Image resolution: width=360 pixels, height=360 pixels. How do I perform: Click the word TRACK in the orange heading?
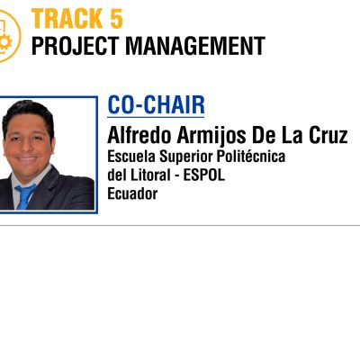point(67,19)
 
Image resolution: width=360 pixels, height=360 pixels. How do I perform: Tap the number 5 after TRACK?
point(116,19)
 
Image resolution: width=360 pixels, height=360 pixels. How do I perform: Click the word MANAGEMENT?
point(195,46)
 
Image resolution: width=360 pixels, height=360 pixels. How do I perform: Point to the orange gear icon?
point(5,42)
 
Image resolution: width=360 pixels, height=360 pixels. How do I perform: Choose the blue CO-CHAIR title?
point(156,104)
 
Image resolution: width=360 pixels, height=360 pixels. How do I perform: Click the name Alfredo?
point(139,135)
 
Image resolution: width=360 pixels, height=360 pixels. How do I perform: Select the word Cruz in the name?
point(328,136)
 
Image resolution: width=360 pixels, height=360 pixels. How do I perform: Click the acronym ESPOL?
point(204,175)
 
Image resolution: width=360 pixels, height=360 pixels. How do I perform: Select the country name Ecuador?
point(132,193)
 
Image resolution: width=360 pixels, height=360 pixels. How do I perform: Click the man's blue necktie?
point(24,195)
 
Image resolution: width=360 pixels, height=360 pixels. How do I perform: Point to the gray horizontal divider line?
point(180,225)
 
